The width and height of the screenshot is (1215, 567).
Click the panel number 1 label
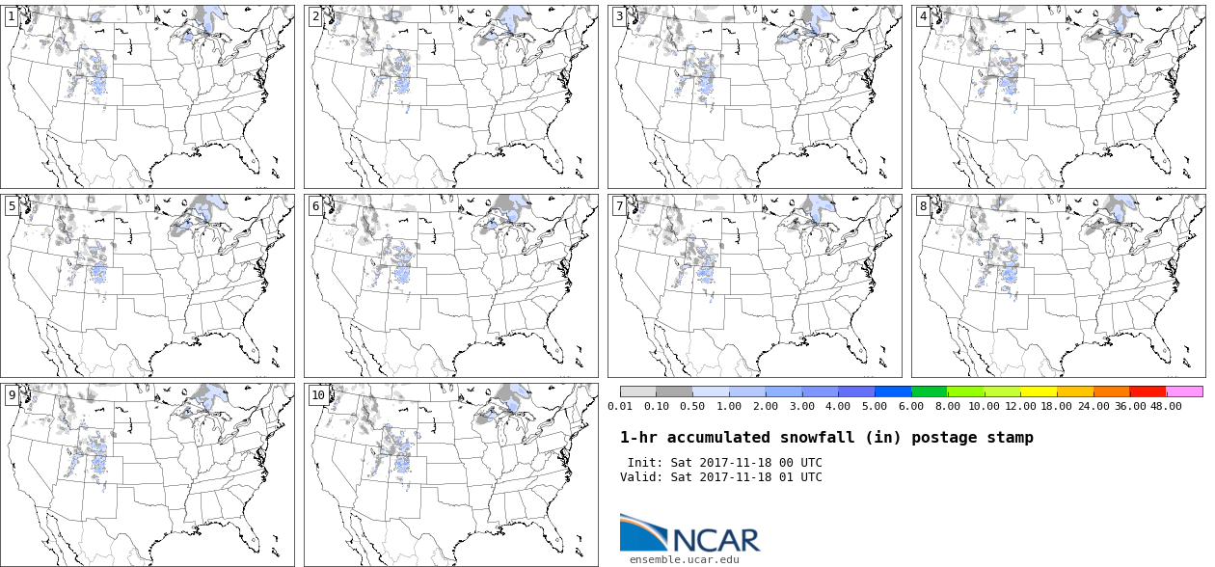pos(12,16)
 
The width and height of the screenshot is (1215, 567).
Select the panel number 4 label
pos(923,16)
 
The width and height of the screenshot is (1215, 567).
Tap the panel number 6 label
pos(315,205)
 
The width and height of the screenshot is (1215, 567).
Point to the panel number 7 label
pos(619,205)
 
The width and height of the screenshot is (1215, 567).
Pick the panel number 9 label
pos(12,394)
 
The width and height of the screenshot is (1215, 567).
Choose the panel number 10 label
pos(318,394)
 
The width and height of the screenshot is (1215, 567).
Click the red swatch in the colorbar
pos(1147,391)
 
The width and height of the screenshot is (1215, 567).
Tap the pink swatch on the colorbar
pos(1184,391)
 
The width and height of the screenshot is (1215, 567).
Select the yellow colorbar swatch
pos(1039,391)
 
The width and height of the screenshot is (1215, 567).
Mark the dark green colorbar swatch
pos(929,391)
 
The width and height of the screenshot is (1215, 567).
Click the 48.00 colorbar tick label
pos(1166,406)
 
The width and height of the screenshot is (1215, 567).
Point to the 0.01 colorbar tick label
pos(620,406)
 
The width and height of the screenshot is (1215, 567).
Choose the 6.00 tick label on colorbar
pos(911,406)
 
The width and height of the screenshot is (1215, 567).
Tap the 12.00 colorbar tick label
pos(1020,406)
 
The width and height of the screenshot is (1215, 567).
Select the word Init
pos(644,463)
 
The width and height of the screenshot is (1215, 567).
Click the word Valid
pos(640,477)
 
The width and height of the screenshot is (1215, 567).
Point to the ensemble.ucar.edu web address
pos(685,559)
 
